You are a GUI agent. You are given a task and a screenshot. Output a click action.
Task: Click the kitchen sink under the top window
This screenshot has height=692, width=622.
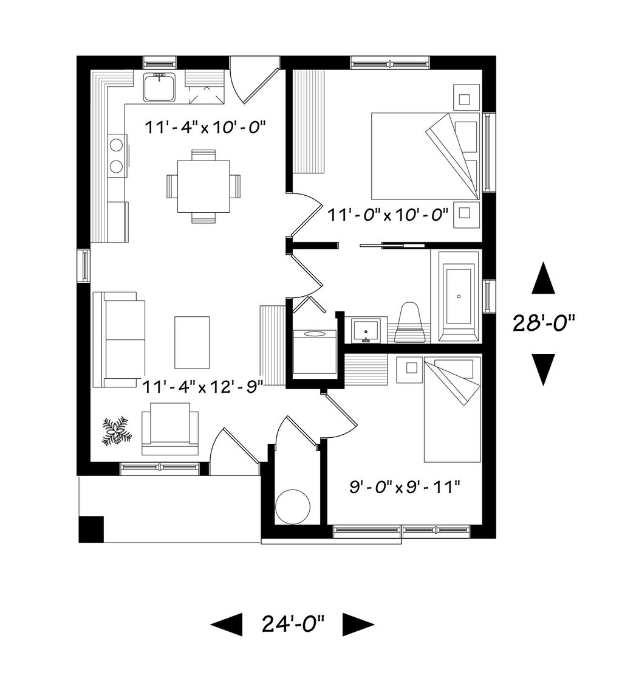point(159,86)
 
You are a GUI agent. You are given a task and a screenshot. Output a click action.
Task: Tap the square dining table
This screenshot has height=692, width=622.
point(203,186)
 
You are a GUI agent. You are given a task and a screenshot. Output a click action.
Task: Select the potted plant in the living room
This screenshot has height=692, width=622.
point(117,431)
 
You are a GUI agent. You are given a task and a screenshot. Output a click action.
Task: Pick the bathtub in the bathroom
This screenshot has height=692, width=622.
point(459,296)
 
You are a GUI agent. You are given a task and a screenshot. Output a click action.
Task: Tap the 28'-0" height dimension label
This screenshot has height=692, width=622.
point(544,323)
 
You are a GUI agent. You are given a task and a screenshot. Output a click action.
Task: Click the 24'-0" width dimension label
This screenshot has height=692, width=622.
point(293,625)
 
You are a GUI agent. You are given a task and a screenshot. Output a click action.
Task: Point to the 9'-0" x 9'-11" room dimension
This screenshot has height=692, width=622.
point(405,488)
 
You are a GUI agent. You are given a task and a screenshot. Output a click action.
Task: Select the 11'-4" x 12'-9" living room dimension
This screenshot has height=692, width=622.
point(203,387)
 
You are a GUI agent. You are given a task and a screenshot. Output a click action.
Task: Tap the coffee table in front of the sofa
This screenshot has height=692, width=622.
point(192,342)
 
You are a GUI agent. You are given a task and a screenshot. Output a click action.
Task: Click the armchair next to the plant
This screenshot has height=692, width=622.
point(169,428)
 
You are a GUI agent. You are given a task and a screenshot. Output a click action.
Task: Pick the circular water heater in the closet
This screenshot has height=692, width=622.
point(292,506)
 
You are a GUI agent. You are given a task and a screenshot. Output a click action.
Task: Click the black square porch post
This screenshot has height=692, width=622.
point(91,529)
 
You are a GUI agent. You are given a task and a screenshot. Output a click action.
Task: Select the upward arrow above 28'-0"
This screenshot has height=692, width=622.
point(543,278)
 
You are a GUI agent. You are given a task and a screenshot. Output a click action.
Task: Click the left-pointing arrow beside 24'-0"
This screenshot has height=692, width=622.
point(227,625)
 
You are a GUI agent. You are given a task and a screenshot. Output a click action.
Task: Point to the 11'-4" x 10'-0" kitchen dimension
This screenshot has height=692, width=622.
point(205,128)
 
